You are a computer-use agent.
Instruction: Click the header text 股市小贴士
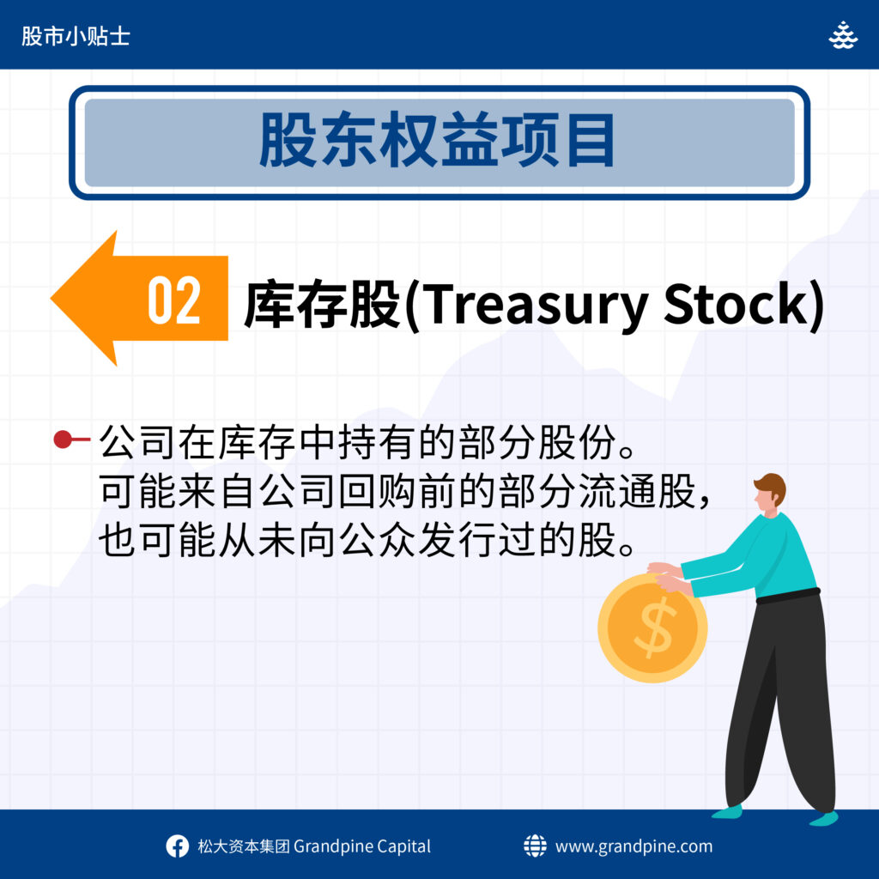point(76,36)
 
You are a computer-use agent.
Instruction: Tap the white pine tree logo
point(843,35)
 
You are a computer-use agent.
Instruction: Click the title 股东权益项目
point(437,140)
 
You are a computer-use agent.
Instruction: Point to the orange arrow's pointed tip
point(51,298)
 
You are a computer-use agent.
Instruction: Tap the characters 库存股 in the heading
point(323,305)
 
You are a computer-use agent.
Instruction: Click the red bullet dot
point(63,439)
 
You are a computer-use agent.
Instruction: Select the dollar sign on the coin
point(652,627)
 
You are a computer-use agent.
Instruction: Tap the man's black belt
point(788,596)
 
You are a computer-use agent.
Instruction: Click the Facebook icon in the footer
point(177,846)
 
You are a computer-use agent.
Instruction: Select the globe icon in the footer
point(535,846)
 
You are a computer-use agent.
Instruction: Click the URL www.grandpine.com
point(634,846)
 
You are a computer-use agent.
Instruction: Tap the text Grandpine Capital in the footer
point(362,846)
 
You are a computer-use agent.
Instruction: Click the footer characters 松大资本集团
point(244,846)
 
